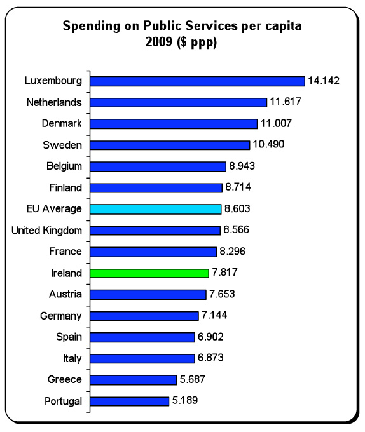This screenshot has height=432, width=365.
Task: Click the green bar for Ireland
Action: tap(149, 273)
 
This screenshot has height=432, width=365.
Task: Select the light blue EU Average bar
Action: tap(156, 209)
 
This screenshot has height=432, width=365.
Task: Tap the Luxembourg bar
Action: tap(198, 81)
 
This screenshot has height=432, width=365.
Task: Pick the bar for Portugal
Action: tap(130, 401)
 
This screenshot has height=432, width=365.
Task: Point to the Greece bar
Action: tap(134, 380)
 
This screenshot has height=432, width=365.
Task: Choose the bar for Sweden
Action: tap(170, 145)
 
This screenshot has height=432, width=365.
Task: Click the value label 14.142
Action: tap(324, 81)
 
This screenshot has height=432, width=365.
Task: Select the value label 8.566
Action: tap(237, 229)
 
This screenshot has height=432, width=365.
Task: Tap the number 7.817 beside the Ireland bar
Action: tap(224, 272)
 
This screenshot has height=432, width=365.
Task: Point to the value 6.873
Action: tap(210, 358)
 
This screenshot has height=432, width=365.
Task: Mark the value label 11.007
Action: tap(276, 123)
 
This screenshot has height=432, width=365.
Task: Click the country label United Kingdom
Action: tap(46, 231)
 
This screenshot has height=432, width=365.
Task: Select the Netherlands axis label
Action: tap(54, 102)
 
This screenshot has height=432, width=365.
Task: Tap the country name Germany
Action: tap(61, 316)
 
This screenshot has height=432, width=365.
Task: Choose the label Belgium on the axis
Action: tap(64, 166)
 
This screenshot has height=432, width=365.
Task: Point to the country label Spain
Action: tap(69, 337)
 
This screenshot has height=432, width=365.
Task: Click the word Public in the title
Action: tap(162, 26)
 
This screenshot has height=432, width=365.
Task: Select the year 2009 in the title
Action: tap(159, 42)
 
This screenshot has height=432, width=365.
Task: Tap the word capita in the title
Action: tap(284, 27)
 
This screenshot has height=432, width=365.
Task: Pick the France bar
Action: tap(153, 252)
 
